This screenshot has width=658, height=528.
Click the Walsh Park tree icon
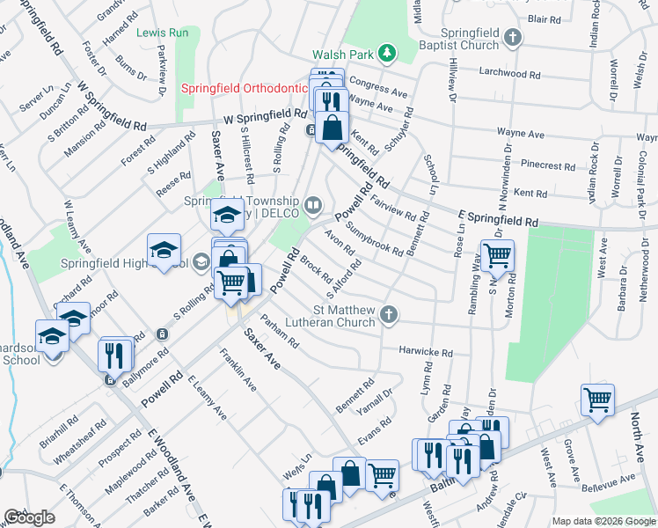tap(386, 55)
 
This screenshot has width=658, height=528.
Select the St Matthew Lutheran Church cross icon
tap(386, 314)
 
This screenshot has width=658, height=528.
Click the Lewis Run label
tap(163, 33)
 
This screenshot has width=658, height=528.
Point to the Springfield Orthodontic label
tap(244, 89)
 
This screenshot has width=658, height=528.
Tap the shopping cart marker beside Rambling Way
tap(497, 256)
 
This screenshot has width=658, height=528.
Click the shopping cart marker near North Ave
tap(597, 400)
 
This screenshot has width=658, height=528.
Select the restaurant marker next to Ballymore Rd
tap(116, 354)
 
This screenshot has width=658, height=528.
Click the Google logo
tap(29, 517)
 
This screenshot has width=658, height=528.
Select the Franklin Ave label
tap(238, 370)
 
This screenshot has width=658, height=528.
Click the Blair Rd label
tap(545, 18)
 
